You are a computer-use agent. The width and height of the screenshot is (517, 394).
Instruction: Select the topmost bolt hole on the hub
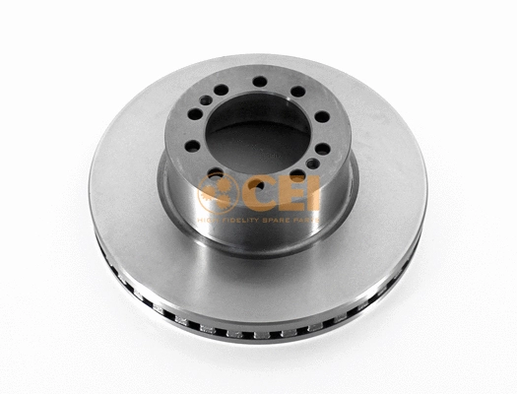coord(259,82)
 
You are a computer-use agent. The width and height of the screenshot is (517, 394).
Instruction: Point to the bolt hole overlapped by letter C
coord(254,183)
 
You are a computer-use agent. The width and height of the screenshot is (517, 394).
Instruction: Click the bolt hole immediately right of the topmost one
coord(297,92)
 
